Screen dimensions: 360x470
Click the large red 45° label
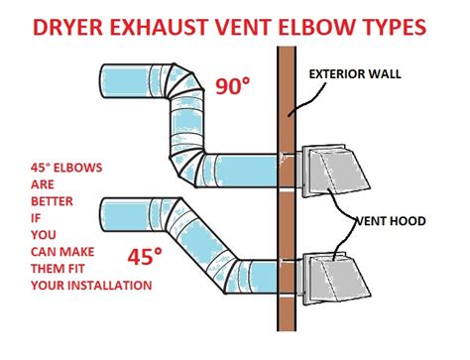(145, 258)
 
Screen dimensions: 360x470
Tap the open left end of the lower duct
(104, 214)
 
